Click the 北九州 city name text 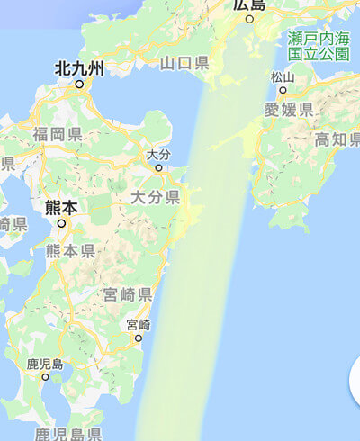pos(79,68)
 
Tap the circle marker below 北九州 pos(79,85)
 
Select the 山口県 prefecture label pos(184,63)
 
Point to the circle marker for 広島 pos(250,19)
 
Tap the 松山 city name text pos(283,77)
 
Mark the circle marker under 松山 pos(283,90)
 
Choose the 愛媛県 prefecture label pos(289,111)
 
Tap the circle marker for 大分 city pos(158,167)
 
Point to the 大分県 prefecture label pos(155,196)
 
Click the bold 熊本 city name pos(61,208)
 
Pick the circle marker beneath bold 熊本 pos(61,223)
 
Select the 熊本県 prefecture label pos(70,251)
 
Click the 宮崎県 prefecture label pos(127,295)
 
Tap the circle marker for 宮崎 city pos(139,337)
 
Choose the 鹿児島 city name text pos(45,364)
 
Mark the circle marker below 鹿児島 pos(45,377)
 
